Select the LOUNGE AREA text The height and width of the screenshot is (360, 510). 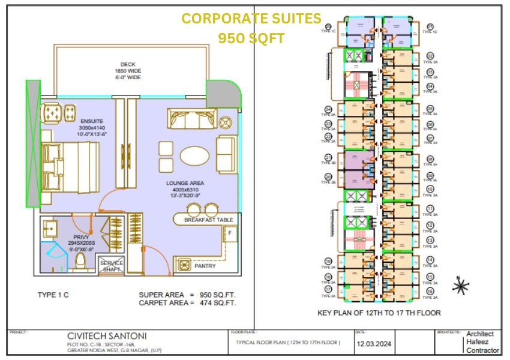click(x=185, y=182)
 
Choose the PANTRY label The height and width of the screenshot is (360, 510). click(x=205, y=265)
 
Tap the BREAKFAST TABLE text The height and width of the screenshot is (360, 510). click(x=209, y=220)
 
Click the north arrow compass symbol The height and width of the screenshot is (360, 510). click(x=460, y=287)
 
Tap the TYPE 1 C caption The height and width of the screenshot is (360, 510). click(x=54, y=295)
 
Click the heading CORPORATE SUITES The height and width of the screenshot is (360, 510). click(x=251, y=19)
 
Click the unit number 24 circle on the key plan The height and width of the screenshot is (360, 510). click(x=328, y=109)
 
